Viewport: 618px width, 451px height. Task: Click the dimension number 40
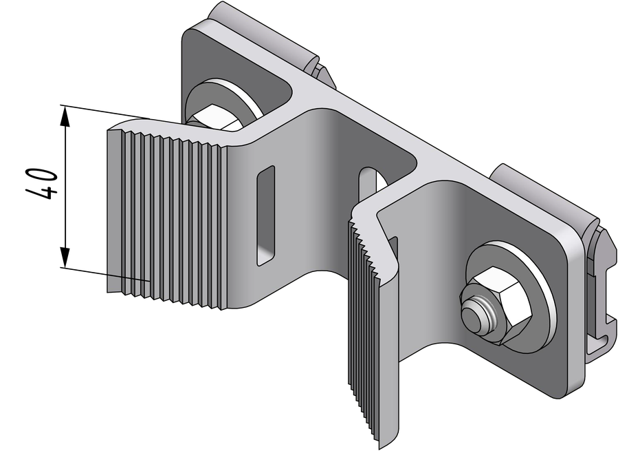pyautogui.click(x=42, y=184)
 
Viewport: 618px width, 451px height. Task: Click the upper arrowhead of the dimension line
pyautogui.click(x=65, y=116)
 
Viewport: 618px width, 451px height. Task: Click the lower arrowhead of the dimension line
pyautogui.click(x=65, y=258)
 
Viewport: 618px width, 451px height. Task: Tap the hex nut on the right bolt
pyautogui.click(x=498, y=303)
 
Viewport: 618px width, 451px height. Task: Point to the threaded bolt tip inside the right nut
pyautogui.click(x=475, y=312)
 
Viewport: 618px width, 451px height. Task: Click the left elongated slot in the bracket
pyautogui.click(x=265, y=216)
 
